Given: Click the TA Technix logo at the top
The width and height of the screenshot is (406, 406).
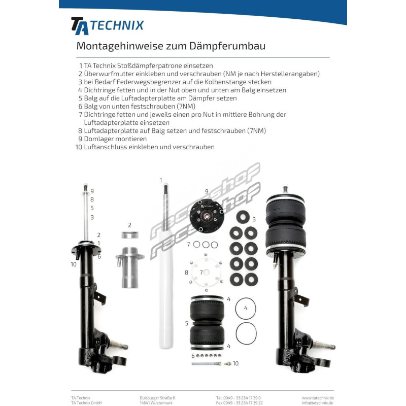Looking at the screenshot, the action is tap(107, 26).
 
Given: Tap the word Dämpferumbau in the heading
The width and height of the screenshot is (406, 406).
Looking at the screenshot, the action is tap(227, 46).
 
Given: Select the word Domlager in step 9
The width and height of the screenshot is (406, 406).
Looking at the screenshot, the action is tap(98, 139).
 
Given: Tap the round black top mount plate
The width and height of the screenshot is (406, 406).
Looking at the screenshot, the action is tap(207, 216).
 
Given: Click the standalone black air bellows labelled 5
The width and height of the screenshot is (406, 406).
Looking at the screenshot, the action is tap(207, 323).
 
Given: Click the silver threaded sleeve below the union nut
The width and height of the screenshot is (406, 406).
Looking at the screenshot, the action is tap(130, 267).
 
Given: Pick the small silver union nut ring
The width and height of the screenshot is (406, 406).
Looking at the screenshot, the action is tap(130, 235).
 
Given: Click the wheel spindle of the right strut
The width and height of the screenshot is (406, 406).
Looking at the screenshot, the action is tap(324, 345).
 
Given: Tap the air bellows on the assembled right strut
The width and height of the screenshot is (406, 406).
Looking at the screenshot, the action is tap(285, 224).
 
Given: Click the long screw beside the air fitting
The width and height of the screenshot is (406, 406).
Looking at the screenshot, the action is tap(207, 363).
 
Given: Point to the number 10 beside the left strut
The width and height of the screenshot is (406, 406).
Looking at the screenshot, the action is tap(74, 264).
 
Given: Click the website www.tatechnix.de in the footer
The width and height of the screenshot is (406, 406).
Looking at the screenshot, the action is tap(318, 398).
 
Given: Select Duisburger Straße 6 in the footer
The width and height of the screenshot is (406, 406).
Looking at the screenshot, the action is tap(157, 398).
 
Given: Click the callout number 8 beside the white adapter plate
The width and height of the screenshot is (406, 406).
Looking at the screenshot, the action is tap(186, 273).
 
